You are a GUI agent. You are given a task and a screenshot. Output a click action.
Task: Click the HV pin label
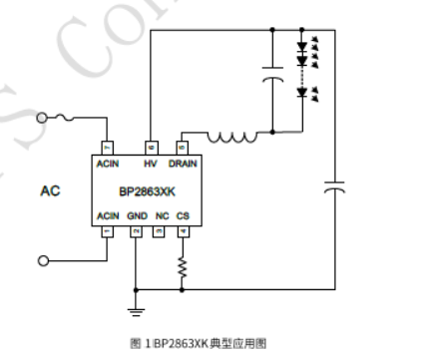151,163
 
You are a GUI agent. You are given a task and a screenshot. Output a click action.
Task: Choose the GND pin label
137,215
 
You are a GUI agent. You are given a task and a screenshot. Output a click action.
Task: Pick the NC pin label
161,215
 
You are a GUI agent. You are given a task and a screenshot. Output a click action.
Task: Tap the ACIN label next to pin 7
108,163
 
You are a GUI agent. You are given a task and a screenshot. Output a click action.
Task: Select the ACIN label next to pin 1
108,215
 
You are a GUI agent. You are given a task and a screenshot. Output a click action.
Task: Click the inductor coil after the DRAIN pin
230,137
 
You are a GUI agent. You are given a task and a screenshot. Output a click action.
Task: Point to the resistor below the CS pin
183,265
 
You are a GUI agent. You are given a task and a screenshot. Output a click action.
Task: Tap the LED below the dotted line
300,94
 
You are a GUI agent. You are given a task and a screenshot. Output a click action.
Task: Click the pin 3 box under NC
160,231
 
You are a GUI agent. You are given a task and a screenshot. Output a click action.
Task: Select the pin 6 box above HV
151,148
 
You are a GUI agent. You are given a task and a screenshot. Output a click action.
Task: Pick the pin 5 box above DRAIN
182,148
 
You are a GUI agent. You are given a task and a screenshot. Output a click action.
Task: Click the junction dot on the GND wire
136,288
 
